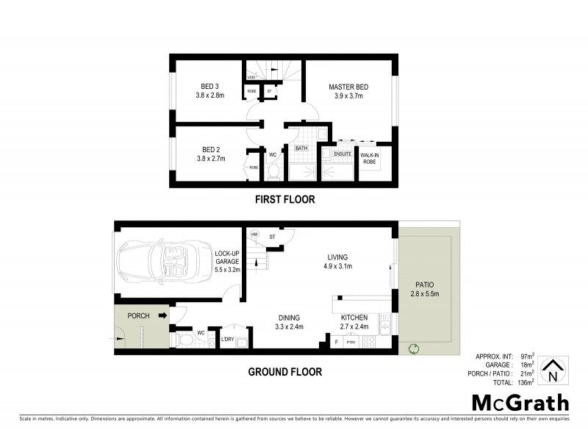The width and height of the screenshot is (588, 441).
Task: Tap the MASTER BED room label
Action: coord(348,87)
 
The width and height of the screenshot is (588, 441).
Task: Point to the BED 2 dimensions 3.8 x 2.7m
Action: coord(209,158)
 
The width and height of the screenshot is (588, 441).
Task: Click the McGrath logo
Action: coord(520,402)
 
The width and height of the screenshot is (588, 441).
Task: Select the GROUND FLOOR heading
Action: coord(284,372)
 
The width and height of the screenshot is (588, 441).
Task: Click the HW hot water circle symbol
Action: coord(255,234)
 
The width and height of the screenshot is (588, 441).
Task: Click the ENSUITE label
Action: coord(343,154)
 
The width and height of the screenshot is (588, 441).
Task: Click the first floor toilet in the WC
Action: coord(273,172)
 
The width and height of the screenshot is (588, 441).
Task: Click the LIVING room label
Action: coord(339,257)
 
